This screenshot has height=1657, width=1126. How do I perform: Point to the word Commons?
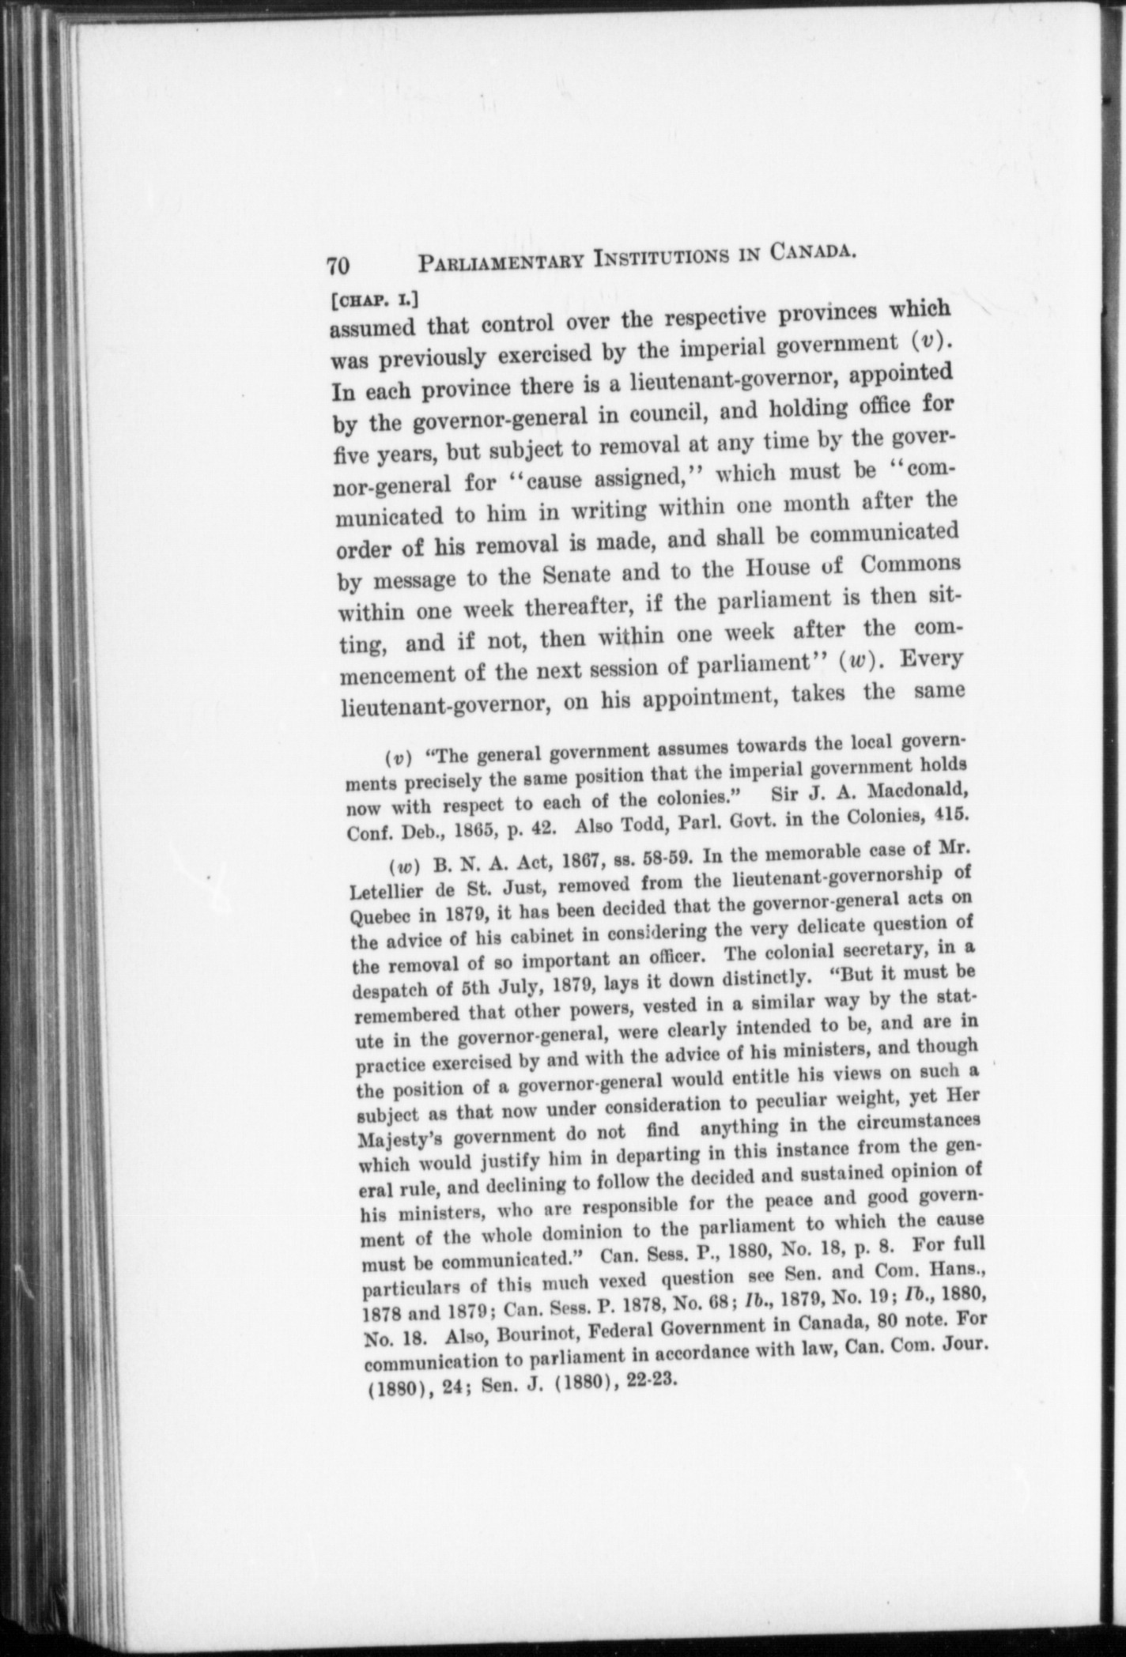tap(909, 564)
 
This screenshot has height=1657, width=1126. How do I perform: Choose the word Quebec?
tap(376, 922)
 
